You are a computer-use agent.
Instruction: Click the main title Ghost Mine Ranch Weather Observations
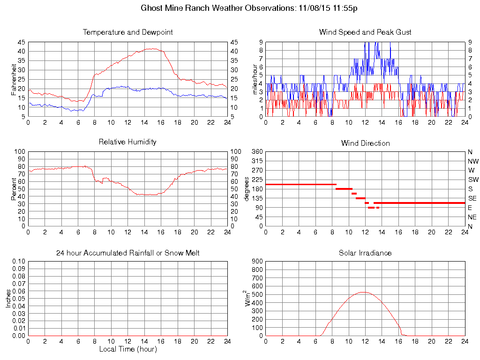249,8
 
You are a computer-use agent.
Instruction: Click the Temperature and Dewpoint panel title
127,32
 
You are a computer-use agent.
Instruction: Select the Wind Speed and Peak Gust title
365,32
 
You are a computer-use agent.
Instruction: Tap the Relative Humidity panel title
127,142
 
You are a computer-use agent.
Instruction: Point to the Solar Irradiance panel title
365,253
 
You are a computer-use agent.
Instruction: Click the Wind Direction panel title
365,143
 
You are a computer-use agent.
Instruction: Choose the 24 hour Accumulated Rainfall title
127,253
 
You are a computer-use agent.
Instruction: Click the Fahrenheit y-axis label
14,80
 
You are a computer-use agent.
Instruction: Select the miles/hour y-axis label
255,79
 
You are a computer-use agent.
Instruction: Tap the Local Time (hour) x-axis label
127,349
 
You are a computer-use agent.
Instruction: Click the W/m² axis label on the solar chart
248,298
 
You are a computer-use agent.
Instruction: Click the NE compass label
472,217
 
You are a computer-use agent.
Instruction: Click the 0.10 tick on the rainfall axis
18,262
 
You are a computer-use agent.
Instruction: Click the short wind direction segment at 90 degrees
371,207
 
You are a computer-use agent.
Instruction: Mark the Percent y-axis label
14,189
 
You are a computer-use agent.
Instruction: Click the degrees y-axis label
247,189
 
